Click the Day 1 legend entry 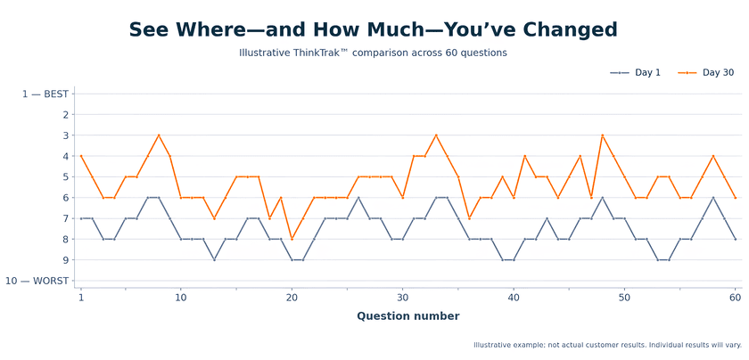635,72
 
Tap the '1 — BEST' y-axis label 45,94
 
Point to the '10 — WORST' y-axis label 37,281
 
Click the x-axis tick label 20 292,298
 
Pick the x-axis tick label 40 514,298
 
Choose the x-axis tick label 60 736,298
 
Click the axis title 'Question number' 408,316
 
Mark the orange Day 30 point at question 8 159,135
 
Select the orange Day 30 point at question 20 292,239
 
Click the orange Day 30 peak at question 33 436,135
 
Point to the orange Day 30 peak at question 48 603,135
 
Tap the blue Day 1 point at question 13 214,259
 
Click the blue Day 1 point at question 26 358,198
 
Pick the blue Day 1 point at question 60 736,239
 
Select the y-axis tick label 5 66,176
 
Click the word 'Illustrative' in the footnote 487,345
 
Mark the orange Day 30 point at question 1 81,156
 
